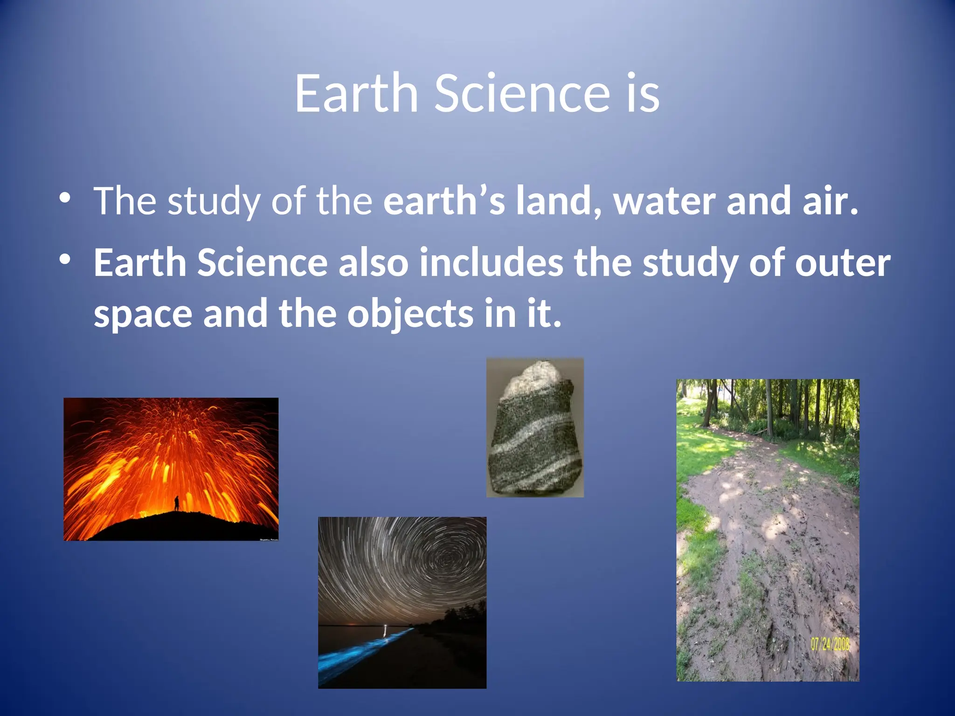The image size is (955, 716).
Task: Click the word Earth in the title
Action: pyautogui.click(x=356, y=93)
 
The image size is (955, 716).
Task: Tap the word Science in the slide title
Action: pyautogui.click(x=522, y=93)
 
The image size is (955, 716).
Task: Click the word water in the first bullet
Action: pyautogui.click(x=664, y=201)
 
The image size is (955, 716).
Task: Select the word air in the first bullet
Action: pyautogui.click(x=830, y=201)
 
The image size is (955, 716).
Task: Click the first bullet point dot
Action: pyautogui.click(x=65, y=198)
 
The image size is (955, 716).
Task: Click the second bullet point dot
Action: pyautogui.click(x=65, y=259)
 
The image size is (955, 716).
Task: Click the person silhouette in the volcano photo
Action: pyautogui.click(x=176, y=503)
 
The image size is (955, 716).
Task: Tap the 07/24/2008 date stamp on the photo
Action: pyautogui.click(x=830, y=645)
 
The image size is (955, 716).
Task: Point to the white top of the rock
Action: pyautogui.click(x=532, y=376)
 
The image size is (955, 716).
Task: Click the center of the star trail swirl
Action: pyautogui.click(x=448, y=558)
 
